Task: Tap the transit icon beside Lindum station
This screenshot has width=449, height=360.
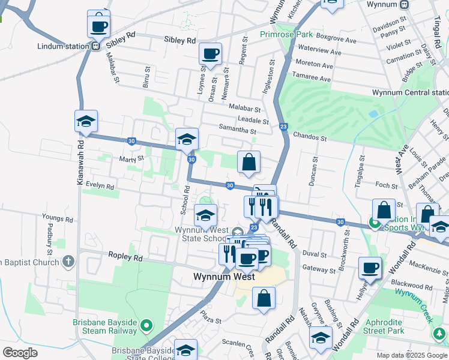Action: point(96,46)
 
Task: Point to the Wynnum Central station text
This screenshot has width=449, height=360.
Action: point(410,92)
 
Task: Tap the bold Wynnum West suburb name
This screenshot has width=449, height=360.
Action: point(224,277)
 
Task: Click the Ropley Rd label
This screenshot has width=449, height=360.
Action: point(125,257)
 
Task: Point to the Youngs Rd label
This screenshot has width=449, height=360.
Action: point(56,216)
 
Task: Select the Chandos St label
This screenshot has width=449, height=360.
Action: point(310,137)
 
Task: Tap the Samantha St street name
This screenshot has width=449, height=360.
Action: point(237,131)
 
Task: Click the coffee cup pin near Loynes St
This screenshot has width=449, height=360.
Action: point(211,54)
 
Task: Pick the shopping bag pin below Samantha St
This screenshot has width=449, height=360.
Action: point(249,162)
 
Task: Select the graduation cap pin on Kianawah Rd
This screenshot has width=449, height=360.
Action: point(86,121)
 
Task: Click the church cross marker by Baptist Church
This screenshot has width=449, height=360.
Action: point(68,262)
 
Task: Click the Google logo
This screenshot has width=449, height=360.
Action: point(20,353)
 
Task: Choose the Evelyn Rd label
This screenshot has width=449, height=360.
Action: point(100,186)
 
